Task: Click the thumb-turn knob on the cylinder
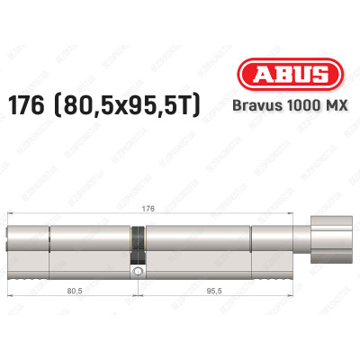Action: click(319, 247)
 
